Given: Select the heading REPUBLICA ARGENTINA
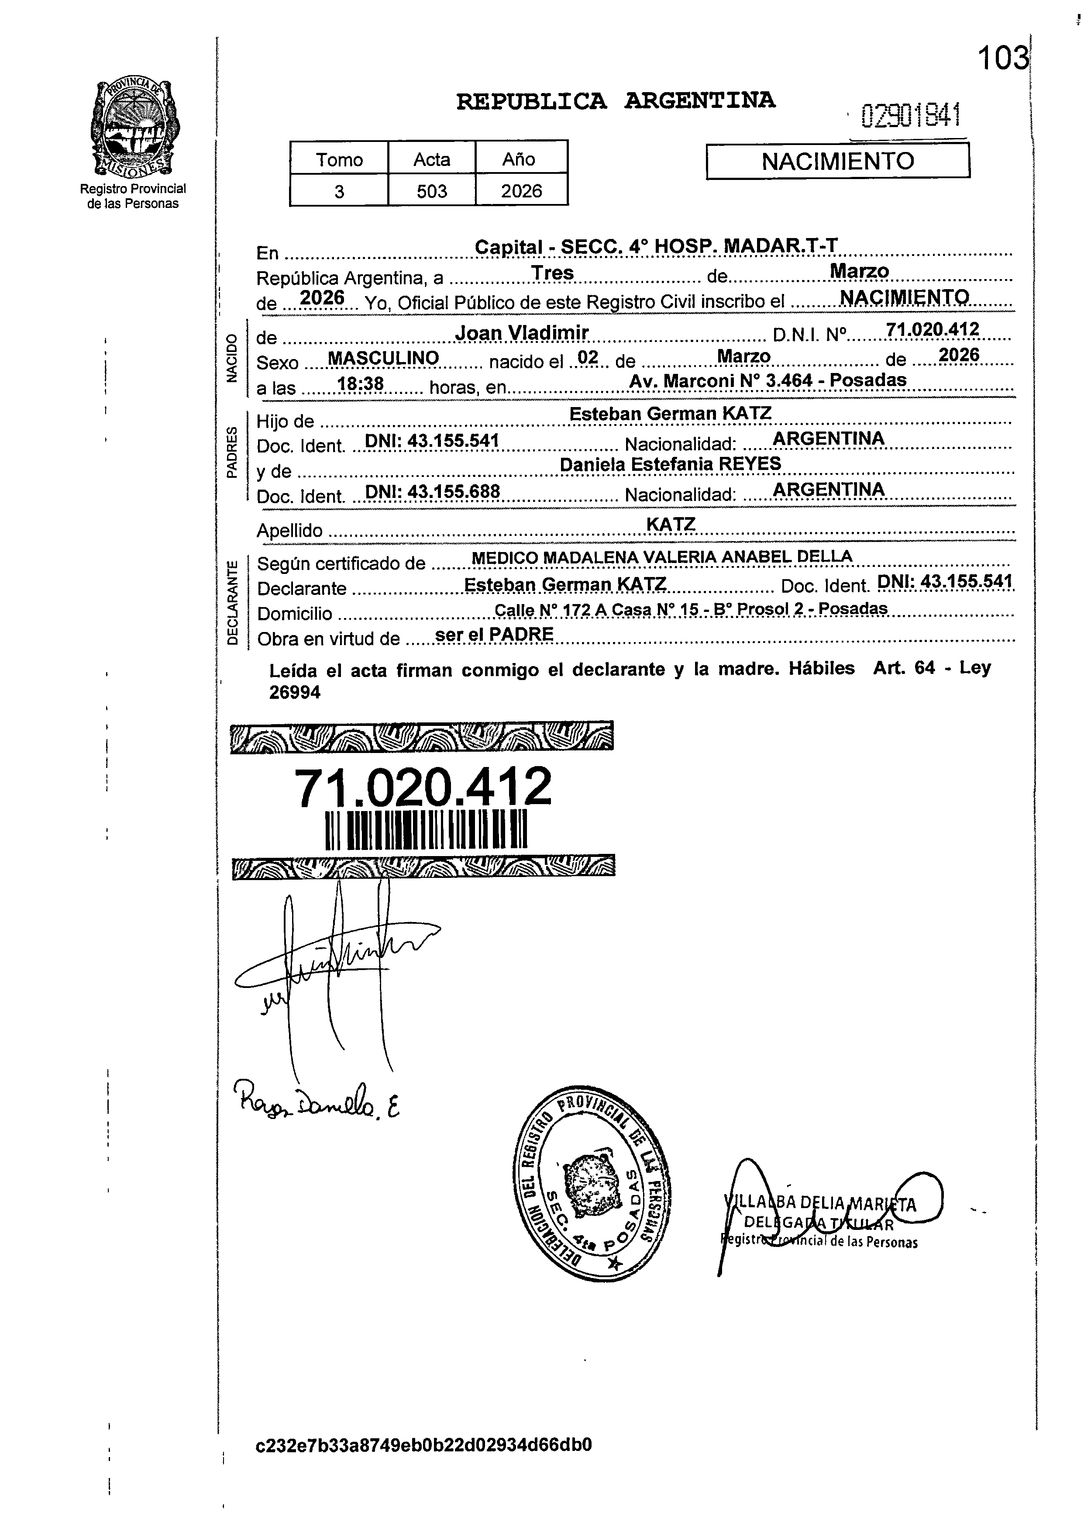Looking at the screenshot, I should pos(616,101).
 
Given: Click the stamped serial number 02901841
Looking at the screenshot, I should pos(911,116).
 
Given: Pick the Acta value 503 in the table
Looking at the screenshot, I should pos(431,191).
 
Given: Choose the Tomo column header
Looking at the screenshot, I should pos(339,160).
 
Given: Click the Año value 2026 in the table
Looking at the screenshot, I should pos(521,191).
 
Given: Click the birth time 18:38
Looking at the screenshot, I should pos(360,383).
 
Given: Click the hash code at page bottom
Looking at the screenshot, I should pos(424,1464).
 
